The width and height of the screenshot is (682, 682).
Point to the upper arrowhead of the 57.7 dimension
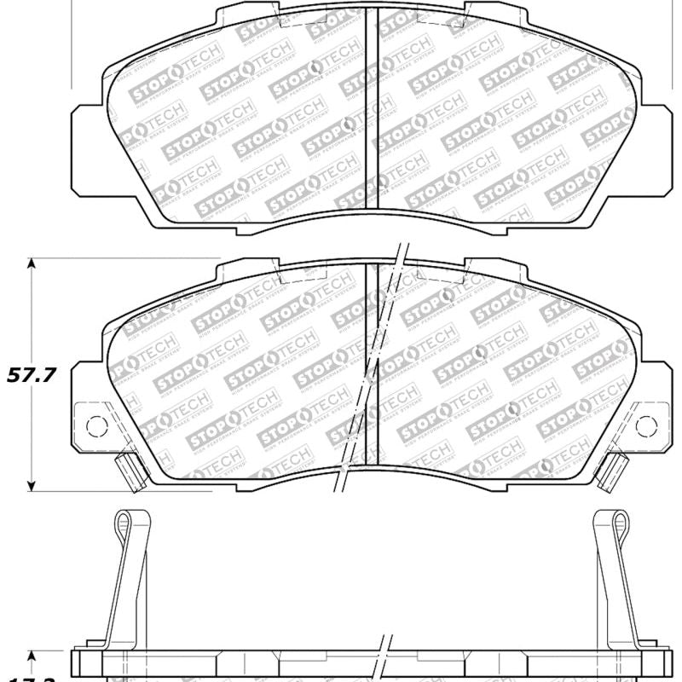pyautogui.click(x=32, y=263)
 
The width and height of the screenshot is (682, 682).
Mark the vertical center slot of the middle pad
pyautogui.click(x=372, y=367)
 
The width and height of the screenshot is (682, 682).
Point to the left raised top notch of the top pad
pyautogui.click(x=247, y=12)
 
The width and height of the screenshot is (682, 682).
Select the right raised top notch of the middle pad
pyautogui.click(x=494, y=266)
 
